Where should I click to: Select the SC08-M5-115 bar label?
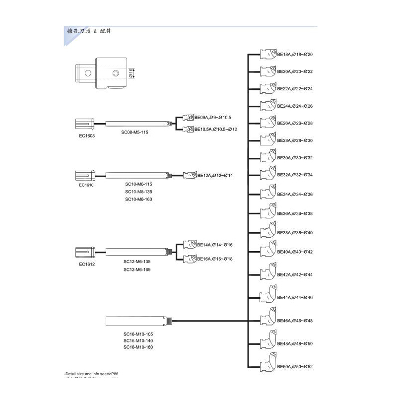(x=135, y=132)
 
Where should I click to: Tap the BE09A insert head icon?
(x=188, y=118)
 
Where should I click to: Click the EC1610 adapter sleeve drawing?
(x=84, y=175)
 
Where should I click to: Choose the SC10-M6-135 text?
(x=138, y=192)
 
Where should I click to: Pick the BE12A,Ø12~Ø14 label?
(x=215, y=176)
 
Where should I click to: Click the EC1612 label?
(x=87, y=264)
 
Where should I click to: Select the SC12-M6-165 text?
(x=137, y=269)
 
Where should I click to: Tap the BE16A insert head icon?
(x=189, y=259)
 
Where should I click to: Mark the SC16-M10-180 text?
(x=138, y=347)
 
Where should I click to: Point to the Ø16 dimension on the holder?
(x=131, y=73)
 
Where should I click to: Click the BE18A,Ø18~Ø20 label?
(x=295, y=55)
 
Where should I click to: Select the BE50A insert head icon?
(x=268, y=365)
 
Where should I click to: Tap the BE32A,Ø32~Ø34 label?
(x=295, y=175)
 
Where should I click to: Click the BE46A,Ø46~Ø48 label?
(x=295, y=321)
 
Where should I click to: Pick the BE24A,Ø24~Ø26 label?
(x=295, y=106)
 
